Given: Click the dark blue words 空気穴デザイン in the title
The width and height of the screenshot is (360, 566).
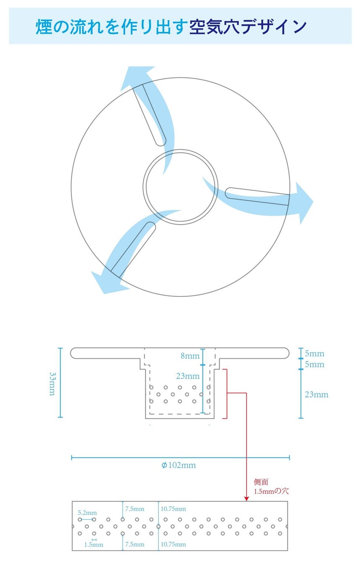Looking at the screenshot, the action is (248, 27).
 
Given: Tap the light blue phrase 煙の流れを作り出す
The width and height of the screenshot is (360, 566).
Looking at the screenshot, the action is (111, 27).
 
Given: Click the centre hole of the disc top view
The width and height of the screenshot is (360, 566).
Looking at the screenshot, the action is (180, 186).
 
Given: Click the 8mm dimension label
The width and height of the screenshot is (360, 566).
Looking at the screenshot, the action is (190, 356).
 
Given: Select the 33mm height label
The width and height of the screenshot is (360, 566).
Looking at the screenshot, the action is (53, 383).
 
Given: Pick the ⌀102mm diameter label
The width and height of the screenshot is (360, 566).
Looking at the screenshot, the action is (179, 465).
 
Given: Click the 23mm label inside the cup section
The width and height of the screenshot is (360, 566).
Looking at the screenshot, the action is (187, 376).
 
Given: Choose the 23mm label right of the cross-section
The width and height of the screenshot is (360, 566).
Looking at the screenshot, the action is (316, 395).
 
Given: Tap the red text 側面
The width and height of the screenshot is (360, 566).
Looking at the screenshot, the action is (261, 482).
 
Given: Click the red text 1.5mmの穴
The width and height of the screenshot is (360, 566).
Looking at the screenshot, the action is (271, 491).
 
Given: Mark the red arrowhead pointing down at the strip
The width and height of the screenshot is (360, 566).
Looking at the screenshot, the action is (246, 498).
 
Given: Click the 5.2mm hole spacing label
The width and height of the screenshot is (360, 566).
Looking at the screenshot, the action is (87, 513).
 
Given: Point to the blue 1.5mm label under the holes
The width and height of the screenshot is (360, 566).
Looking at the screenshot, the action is (93, 545).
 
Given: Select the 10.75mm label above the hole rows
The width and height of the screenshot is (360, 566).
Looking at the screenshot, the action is (173, 509).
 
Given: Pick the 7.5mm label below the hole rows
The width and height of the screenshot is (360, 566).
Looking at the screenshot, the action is (135, 544).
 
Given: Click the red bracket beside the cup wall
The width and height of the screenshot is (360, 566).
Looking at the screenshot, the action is (226, 394).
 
